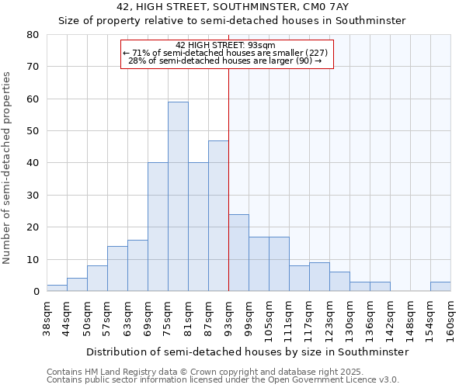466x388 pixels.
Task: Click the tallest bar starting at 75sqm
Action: point(178,196)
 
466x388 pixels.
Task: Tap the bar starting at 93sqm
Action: point(238,252)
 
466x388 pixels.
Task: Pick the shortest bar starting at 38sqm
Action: point(57,288)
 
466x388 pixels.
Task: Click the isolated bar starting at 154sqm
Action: point(440,286)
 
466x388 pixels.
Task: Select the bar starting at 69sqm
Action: point(158,227)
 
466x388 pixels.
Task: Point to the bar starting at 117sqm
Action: point(319,277)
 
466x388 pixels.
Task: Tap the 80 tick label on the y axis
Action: point(32,35)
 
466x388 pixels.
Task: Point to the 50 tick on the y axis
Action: point(32,131)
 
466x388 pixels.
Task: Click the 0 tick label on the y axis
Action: point(35,292)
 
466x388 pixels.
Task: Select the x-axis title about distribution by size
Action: point(247,352)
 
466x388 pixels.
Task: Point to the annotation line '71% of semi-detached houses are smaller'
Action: point(226,52)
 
